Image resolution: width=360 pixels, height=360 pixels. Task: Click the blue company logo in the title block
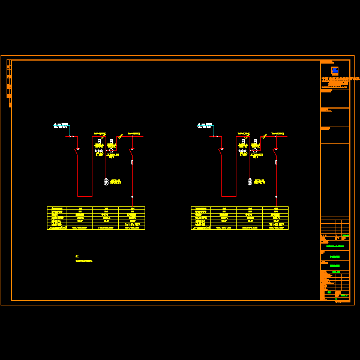[335, 70]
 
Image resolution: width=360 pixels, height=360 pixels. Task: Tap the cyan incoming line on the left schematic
[70, 131]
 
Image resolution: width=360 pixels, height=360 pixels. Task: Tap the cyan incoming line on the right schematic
[214, 131]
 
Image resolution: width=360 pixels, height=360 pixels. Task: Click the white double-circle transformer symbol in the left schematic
[106, 181]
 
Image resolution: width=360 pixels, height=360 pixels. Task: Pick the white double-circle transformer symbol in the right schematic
[250, 181]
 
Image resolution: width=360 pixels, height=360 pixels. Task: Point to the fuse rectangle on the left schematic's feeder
[132, 162]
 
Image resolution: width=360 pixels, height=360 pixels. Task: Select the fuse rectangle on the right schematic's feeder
[276, 162]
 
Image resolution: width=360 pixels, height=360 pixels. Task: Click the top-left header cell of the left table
[57, 209]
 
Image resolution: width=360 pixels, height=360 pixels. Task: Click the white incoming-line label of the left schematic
[61, 126]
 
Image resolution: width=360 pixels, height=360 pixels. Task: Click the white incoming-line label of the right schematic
[205, 126]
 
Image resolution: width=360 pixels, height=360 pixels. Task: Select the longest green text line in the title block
[335, 247]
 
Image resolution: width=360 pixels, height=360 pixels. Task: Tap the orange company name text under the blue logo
[339, 79]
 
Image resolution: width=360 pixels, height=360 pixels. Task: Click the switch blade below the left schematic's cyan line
[76, 152]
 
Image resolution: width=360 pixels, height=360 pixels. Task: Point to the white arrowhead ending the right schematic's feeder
[276, 197]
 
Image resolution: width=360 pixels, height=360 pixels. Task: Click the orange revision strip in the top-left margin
[9, 81]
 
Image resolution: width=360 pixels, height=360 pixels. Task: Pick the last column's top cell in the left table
[132, 209]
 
